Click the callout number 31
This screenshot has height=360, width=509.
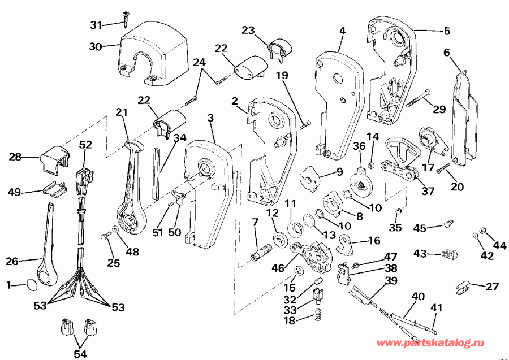(97, 25)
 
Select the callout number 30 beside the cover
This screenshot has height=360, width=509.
(96, 47)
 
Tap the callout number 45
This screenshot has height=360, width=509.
(419, 228)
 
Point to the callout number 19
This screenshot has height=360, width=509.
(282, 75)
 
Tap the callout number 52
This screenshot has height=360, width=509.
(85, 145)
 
